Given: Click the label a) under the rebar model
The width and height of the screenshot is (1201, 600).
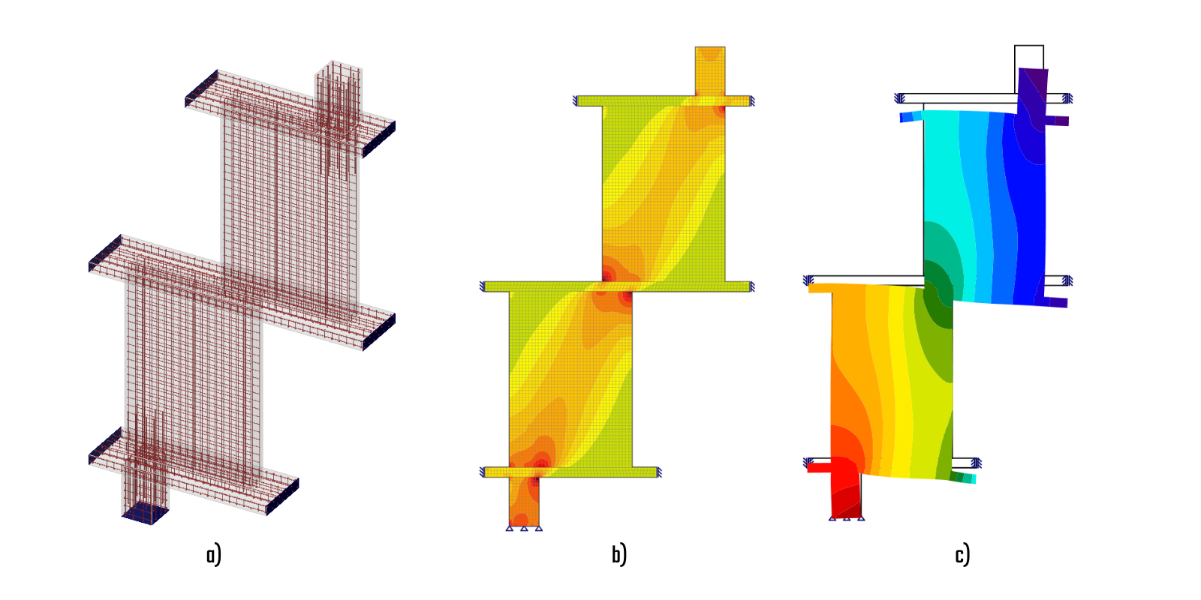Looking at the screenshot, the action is tap(213, 555).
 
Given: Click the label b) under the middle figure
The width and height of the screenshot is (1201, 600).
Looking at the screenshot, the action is tap(619, 555).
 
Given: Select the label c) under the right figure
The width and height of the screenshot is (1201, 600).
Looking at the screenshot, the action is tap(962, 555).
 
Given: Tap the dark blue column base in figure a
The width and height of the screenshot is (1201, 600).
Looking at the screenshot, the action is tap(146, 513).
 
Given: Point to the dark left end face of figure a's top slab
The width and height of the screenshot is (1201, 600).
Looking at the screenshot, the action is tap(202, 88).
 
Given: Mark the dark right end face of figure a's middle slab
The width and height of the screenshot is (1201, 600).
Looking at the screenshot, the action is tap(379, 332).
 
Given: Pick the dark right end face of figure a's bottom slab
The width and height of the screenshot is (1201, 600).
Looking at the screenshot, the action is tap(282, 496).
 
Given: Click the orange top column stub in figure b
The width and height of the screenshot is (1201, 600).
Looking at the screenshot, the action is tap(710, 71).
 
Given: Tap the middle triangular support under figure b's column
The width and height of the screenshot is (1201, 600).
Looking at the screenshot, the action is tap(524, 529).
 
